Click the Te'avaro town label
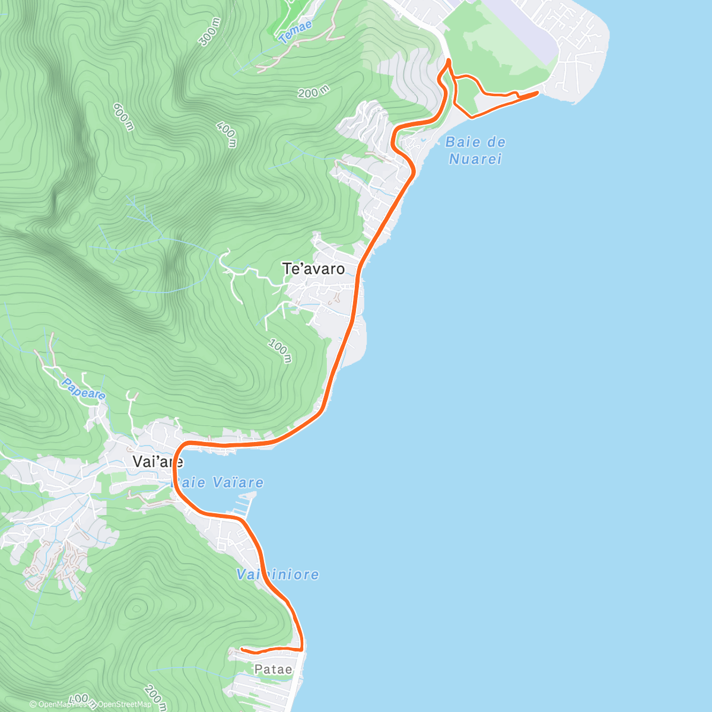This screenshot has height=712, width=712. click(313, 269)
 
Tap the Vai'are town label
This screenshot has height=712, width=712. click(157, 462)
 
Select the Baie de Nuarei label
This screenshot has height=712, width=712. click(475, 150)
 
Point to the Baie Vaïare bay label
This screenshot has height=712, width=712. click(218, 482)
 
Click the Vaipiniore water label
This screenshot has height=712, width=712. click(278, 574)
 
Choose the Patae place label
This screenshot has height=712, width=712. click(273, 669)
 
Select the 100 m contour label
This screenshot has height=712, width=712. click(280, 350)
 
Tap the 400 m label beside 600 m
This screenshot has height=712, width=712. click(227, 135)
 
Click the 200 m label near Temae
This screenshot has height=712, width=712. click(313, 92)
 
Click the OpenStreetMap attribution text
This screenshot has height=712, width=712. click(124, 704)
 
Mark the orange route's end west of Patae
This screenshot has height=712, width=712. click(242, 649)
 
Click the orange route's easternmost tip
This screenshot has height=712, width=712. click(538, 93)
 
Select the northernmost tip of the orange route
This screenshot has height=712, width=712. click(449, 60)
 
